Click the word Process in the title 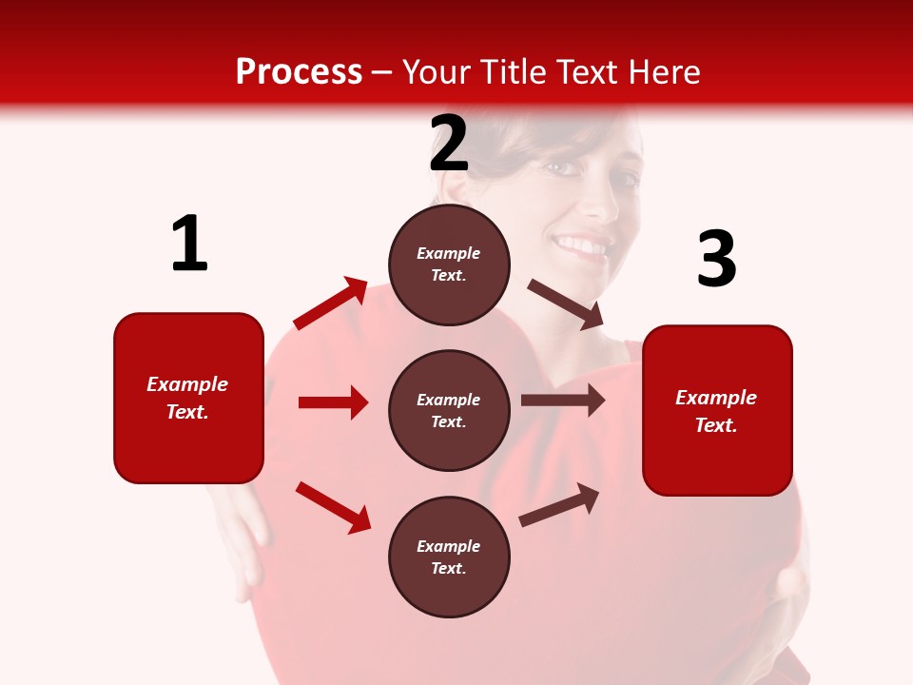[x=299, y=72]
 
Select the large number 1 [x=189, y=245]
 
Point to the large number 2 [x=449, y=144]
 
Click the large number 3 [x=716, y=259]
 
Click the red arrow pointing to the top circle [x=331, y=303]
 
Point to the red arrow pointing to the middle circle [x=333, y=402]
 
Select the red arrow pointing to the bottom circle [x=333, y=507]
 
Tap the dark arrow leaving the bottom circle [x=559, y=505]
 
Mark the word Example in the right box [x=716, y=398]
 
